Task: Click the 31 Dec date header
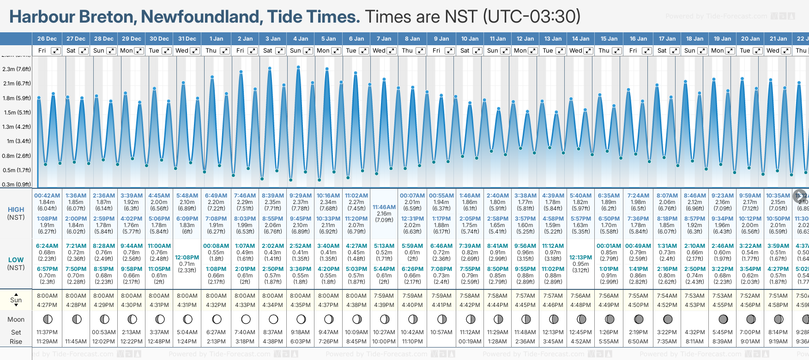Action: coord(187,39)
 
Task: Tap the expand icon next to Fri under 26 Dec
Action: coord(55,51)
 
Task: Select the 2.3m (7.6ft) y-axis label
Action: coord(17,69)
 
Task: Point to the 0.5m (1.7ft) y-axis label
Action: coord(17,170)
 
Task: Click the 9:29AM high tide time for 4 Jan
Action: coord(300,196)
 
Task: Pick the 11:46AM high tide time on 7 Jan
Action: coord(384,207)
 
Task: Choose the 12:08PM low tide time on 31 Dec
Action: coord(187,258)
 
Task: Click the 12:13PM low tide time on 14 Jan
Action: coord(580,258)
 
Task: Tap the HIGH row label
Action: coord(16,210)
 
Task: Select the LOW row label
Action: coord(16,260)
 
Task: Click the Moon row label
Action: coord(16,319)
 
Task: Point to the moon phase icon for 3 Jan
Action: coord(273,319)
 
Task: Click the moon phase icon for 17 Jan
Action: coord(667,319)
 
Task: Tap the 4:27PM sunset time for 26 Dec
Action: coord(47,305)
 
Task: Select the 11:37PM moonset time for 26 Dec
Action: coord(47,332)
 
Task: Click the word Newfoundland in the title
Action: coord(202,17)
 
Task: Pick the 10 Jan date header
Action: coord(470,39)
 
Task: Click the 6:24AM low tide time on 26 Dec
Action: coord(47,246)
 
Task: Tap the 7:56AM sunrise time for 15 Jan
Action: coord(609,296)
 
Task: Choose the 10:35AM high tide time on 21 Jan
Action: coord(778,196)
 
